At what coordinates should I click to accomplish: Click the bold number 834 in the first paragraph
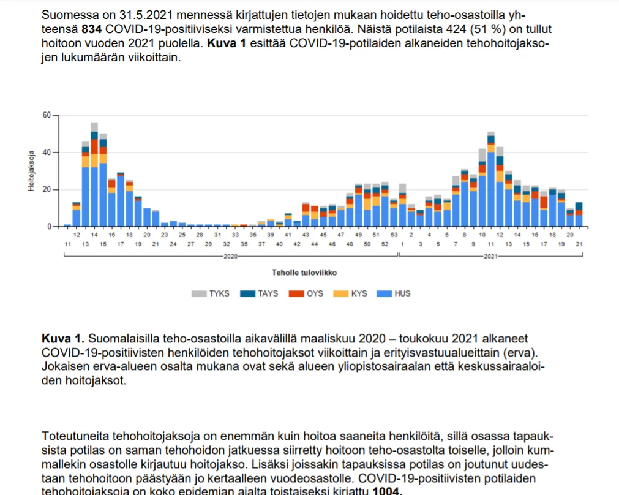click(x=91, y=29)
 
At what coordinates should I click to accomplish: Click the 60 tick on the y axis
click(x=47, y=115)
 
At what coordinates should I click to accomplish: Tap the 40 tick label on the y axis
click(x=47, y=153)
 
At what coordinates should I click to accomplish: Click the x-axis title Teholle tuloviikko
click(x=304, y=273)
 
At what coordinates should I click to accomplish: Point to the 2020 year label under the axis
click(x=231, y=255)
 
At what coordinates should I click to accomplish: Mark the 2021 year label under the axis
click(x=490, y=255)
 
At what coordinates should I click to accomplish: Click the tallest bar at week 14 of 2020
click(x=94, y=178)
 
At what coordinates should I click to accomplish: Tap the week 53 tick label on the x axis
click(x=394, y=235)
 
